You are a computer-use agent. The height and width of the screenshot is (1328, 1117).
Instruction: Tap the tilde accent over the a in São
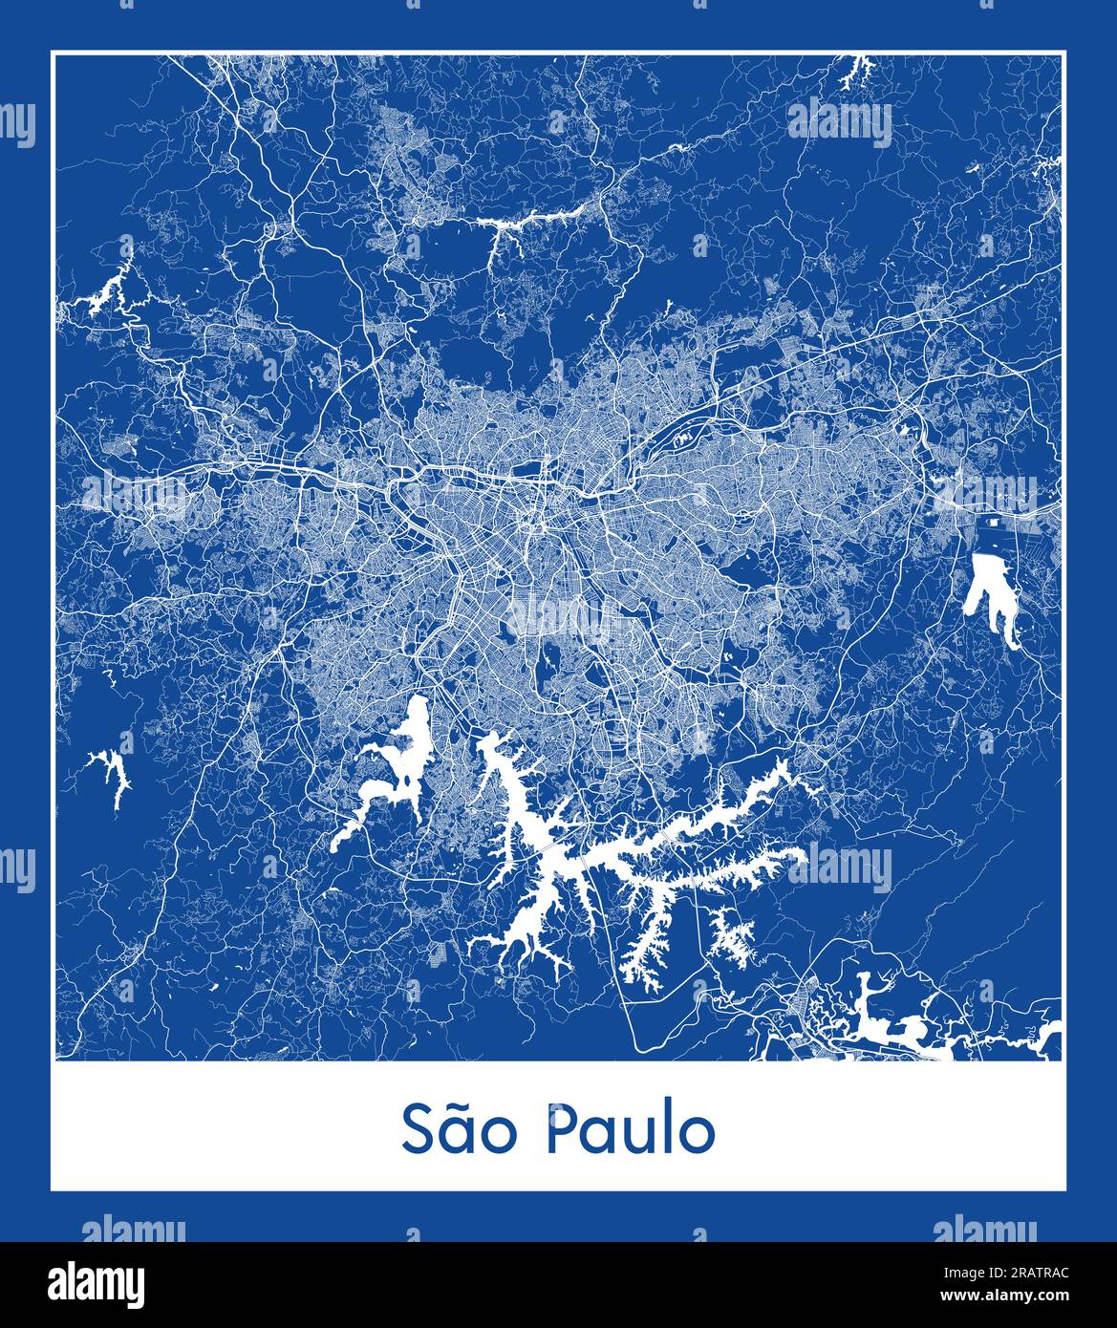coord(462,1106)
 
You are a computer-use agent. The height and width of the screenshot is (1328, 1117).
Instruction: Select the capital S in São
coord(419,1130)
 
